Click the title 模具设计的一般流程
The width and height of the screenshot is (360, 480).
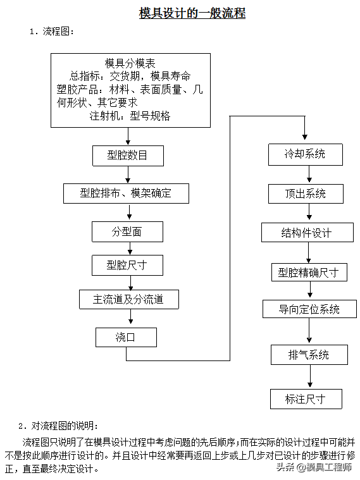(192, 13)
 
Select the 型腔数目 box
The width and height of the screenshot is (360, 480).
(128, 156)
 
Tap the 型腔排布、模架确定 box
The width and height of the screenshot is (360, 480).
(127, 194)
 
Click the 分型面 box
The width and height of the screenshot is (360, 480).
(127, 231)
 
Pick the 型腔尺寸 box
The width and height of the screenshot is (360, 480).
(127, 265)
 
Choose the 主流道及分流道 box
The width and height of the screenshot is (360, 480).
(129, 299)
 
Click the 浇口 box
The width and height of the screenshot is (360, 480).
(127, 337)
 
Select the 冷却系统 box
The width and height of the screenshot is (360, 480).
(306, 154)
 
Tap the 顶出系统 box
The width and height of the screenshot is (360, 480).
(306, 194)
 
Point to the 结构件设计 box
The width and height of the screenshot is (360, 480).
(307, 233)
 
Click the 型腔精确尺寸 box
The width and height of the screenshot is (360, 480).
(309, 272)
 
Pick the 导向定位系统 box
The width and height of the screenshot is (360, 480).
(309, 309)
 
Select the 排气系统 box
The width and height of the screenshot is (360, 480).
(309, 355)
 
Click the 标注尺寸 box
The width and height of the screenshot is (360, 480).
(306, 399)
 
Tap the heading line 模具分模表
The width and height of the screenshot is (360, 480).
(130, 63)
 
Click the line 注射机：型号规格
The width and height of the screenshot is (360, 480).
(130, 116)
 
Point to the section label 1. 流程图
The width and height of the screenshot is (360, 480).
(52, 31)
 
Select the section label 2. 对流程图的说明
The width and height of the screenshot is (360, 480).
(58, 426)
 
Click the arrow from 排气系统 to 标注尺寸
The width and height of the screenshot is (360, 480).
(310, 376)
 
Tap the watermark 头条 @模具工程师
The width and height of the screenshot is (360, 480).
(314, 467)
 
